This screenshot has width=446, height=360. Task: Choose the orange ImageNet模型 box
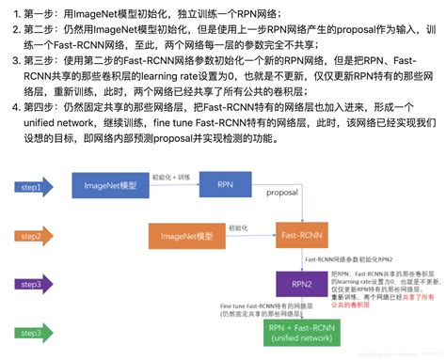click(x=182, y=237)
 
